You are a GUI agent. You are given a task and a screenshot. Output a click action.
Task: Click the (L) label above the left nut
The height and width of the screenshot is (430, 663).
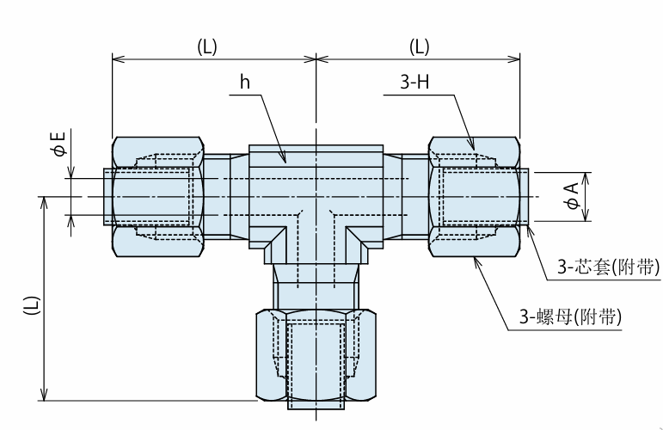(206, 46)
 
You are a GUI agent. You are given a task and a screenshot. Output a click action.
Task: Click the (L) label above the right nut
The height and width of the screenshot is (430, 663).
(419, 46)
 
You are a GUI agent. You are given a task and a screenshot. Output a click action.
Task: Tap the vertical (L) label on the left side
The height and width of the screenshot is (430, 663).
(31, 304)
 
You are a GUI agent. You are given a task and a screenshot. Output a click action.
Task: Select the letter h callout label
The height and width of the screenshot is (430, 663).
(245, 82)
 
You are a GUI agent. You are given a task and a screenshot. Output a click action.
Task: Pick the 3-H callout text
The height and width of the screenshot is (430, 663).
(414, 81)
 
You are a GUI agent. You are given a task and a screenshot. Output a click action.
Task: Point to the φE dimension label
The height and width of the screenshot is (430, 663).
(59, 144)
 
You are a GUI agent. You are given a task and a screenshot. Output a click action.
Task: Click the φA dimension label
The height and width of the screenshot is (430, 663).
(572, 196)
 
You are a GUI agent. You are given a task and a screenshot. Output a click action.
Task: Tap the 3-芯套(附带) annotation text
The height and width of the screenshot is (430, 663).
(609, 267)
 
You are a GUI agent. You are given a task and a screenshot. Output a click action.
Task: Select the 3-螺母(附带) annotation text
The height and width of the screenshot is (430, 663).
(571, 316)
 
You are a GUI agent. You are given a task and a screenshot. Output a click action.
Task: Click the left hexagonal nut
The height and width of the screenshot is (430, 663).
(158, 197)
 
